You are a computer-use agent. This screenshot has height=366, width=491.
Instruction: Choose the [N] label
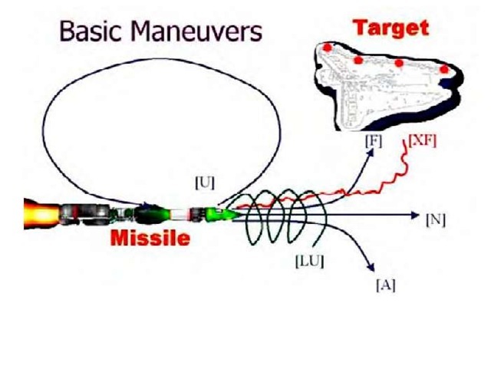pos(435,219)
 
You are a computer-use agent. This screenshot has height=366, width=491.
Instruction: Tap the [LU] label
pos(310,261)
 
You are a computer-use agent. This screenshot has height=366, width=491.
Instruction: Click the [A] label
pos(385,285)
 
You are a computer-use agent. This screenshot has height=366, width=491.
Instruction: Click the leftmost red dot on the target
pos(328,48)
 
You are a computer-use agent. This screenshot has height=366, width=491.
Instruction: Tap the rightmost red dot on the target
pos(444,70)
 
